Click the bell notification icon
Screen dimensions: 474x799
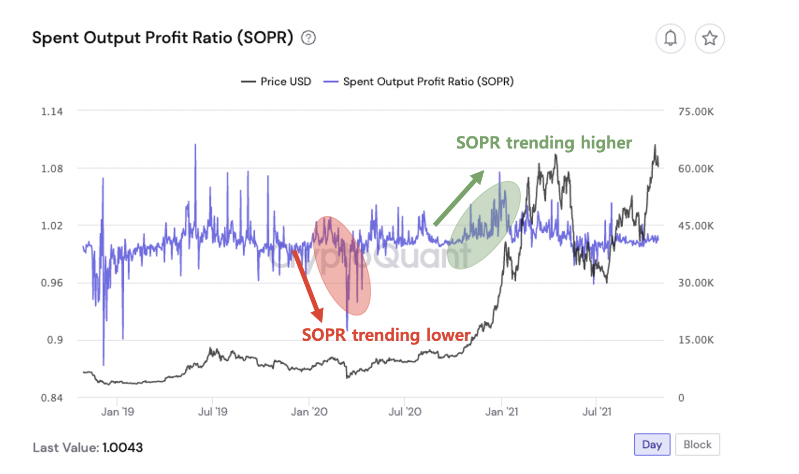(x=670, y=38)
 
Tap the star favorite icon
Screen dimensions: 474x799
(x=710, y=38)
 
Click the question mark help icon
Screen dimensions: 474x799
(x=308, y=38)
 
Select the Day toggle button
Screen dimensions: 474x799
(x=652, y=445)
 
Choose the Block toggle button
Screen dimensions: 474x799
(x=697, y=445)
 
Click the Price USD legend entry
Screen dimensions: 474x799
(x=276, y=82)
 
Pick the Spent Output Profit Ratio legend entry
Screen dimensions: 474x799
(x=418, y=82)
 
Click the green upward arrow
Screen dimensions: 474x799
(x=458, y=198)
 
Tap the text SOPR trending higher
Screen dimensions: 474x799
(x=544, y=143)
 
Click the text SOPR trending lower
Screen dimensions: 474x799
(x=386, y=335)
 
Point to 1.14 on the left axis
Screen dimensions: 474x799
(x=52, y=112)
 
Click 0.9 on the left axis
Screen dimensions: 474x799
(x=54, y=340)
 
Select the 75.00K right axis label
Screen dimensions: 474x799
(x=696, y=112)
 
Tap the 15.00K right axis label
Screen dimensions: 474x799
(x=696, y=340)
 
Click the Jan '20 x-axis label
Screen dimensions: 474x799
(x=309, y=412)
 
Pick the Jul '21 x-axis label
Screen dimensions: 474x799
(x=596, y=412)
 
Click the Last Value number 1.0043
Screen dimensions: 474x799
(x=123, y=448)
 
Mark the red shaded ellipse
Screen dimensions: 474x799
(x=342, y=265)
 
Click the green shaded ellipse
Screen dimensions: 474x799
(x=485, y=225)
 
